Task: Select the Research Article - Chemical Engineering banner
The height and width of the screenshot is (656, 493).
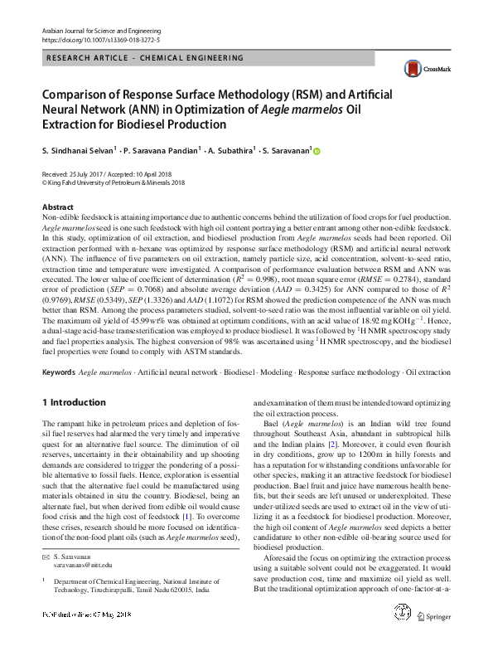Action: point(144,58)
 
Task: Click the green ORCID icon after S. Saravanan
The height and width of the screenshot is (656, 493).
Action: point(315,151)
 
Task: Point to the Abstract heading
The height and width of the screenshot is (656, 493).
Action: point(57,207)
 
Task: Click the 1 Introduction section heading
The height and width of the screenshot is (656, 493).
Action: point(74,401)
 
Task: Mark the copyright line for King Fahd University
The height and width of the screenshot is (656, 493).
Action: point(114,182)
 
